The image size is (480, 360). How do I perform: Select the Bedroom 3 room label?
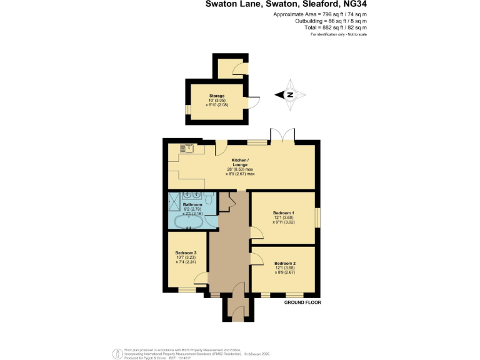pos(186,252)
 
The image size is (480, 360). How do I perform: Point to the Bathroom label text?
pos(192,204)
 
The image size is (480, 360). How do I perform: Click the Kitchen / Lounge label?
pos(241,162)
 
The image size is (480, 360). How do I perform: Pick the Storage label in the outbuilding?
pos(217,96)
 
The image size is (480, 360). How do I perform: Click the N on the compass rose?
pos(291,95)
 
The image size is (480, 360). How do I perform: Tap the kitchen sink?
pos(187,147)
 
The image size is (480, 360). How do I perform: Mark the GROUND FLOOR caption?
pos(302,302)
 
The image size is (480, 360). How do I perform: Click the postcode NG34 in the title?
pos(354,4)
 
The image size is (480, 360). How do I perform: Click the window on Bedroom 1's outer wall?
pos(316,217)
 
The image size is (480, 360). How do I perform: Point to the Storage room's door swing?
pos(253,101)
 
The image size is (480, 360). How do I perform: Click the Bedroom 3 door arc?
pos(204,240)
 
